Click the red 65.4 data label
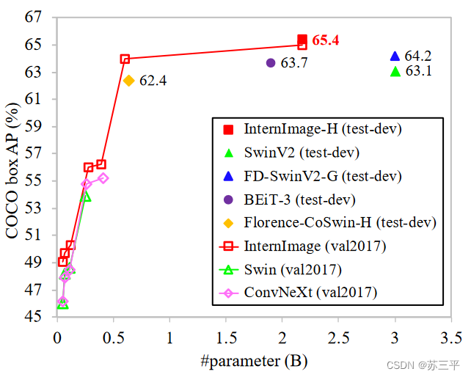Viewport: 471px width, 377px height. coord(325,40)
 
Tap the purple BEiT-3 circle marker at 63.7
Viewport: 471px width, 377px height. coord(271,63)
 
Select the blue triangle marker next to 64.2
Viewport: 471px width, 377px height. coord(395,56)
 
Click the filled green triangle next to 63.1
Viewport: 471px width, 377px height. coord(395,71)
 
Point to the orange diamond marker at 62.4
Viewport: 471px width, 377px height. coord(128,81)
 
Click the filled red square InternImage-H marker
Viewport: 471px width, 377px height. coord(302,40)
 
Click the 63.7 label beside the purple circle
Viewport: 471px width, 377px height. coord(293,64)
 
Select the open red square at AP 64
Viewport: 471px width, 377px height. coord(125,59)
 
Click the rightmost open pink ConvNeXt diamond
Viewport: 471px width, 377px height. coord(103,177)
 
